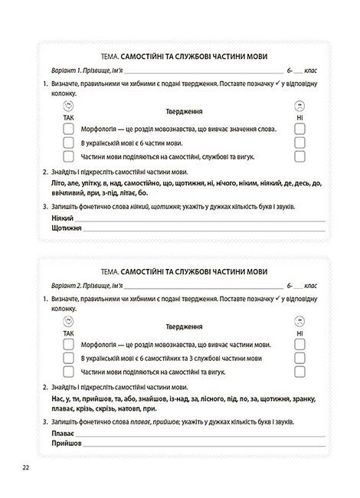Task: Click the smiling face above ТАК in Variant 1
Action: [x=67, y=105]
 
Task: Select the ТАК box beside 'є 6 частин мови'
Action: [x=67, y=142]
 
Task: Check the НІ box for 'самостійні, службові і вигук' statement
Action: [x=299, y=156]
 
